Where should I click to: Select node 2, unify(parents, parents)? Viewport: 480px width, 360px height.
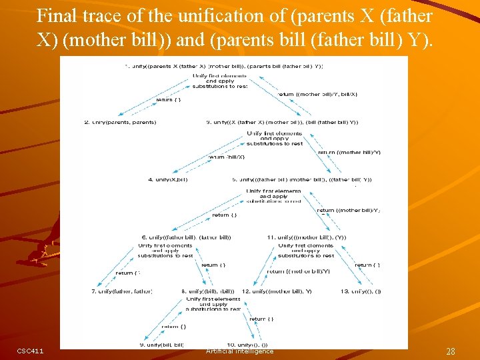pos(120,122)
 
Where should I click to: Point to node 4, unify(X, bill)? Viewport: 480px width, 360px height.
pos(168,179)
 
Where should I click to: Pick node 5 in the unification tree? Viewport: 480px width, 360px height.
pos(302,179)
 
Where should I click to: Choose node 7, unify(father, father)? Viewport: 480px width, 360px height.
pos(122,291)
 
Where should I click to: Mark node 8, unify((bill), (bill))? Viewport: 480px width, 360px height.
pos(208,291)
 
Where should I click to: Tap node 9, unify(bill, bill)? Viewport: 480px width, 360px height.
pos(162,345)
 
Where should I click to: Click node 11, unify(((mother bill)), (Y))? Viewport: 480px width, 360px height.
pos(306,237)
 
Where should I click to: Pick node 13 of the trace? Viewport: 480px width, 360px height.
pos(361,291)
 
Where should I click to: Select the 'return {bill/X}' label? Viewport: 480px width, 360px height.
pos(227,157)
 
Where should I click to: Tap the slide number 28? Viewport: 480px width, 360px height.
pos(451,351)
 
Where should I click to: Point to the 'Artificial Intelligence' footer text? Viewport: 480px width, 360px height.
pos(239,351)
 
